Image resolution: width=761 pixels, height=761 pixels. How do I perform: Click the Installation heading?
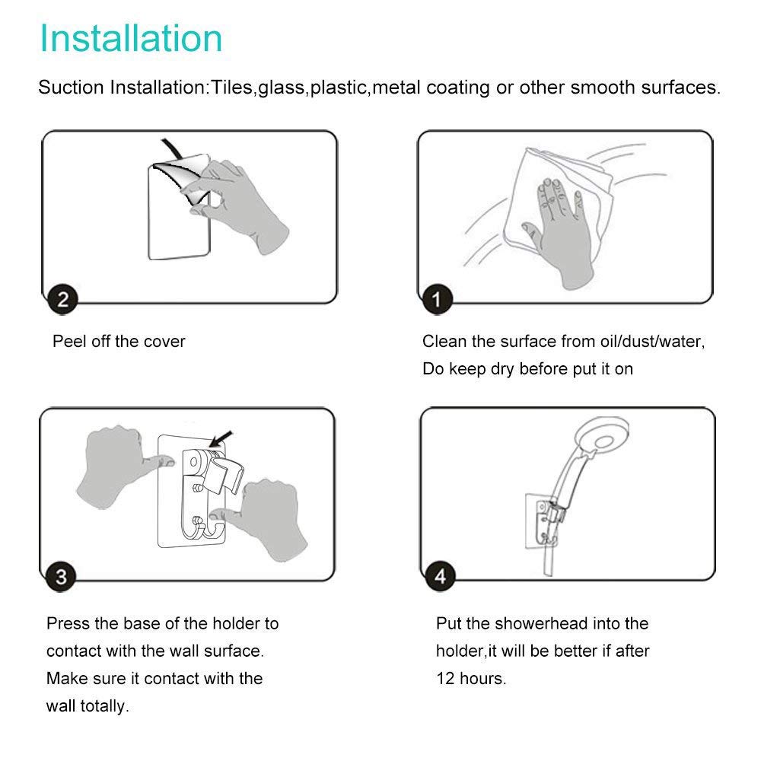tap(131, 38)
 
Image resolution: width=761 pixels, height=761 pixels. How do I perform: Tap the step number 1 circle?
tap(437, 299)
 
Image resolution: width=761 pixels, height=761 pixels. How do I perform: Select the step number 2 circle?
tap(62, 299)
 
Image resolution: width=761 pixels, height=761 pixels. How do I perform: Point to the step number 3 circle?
tap(61, 577)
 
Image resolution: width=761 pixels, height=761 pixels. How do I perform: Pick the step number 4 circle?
tap(440, 576)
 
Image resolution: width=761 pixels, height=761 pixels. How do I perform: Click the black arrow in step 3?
tap(221, 440)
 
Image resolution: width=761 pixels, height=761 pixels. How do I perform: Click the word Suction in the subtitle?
tap(71, 88)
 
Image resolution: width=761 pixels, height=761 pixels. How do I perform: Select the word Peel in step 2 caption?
tap(69, 341)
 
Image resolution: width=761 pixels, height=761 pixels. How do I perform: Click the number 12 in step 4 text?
tap(445, 679)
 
